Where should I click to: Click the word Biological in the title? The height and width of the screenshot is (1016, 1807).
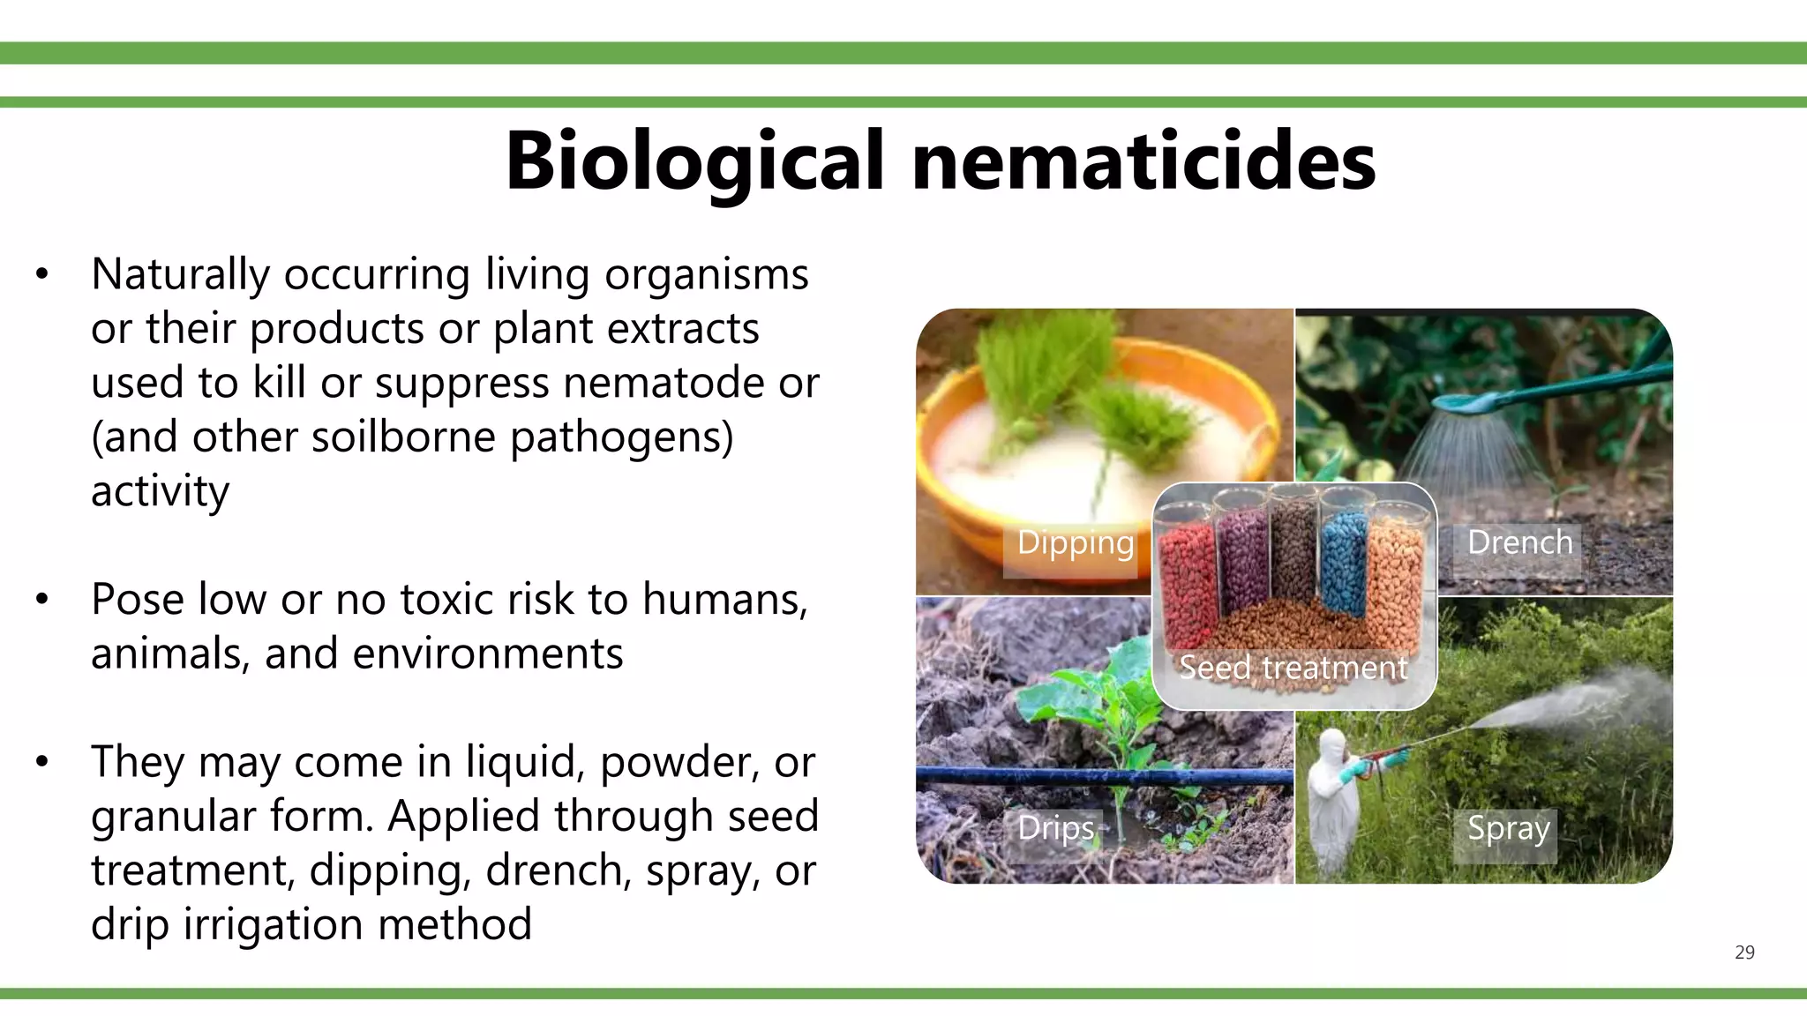pos(694,162)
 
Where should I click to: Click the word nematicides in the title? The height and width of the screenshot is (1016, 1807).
pos(1143,162)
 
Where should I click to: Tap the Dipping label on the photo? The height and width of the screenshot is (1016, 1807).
pos(1075,542)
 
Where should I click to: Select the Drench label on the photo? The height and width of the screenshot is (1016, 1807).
pos(1519,542)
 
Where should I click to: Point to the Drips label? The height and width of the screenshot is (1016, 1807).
pos(1055,828)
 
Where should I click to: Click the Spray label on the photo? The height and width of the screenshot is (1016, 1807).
pos(1508,828)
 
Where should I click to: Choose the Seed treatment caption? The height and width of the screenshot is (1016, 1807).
pos(1293,668)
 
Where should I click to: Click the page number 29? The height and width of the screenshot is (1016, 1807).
pos(1744,952)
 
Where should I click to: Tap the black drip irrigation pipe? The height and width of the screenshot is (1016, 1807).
pos(1103,776)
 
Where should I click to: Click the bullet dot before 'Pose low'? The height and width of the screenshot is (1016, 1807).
pos(42,600)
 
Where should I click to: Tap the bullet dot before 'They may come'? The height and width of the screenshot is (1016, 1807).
pos(42,762)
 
